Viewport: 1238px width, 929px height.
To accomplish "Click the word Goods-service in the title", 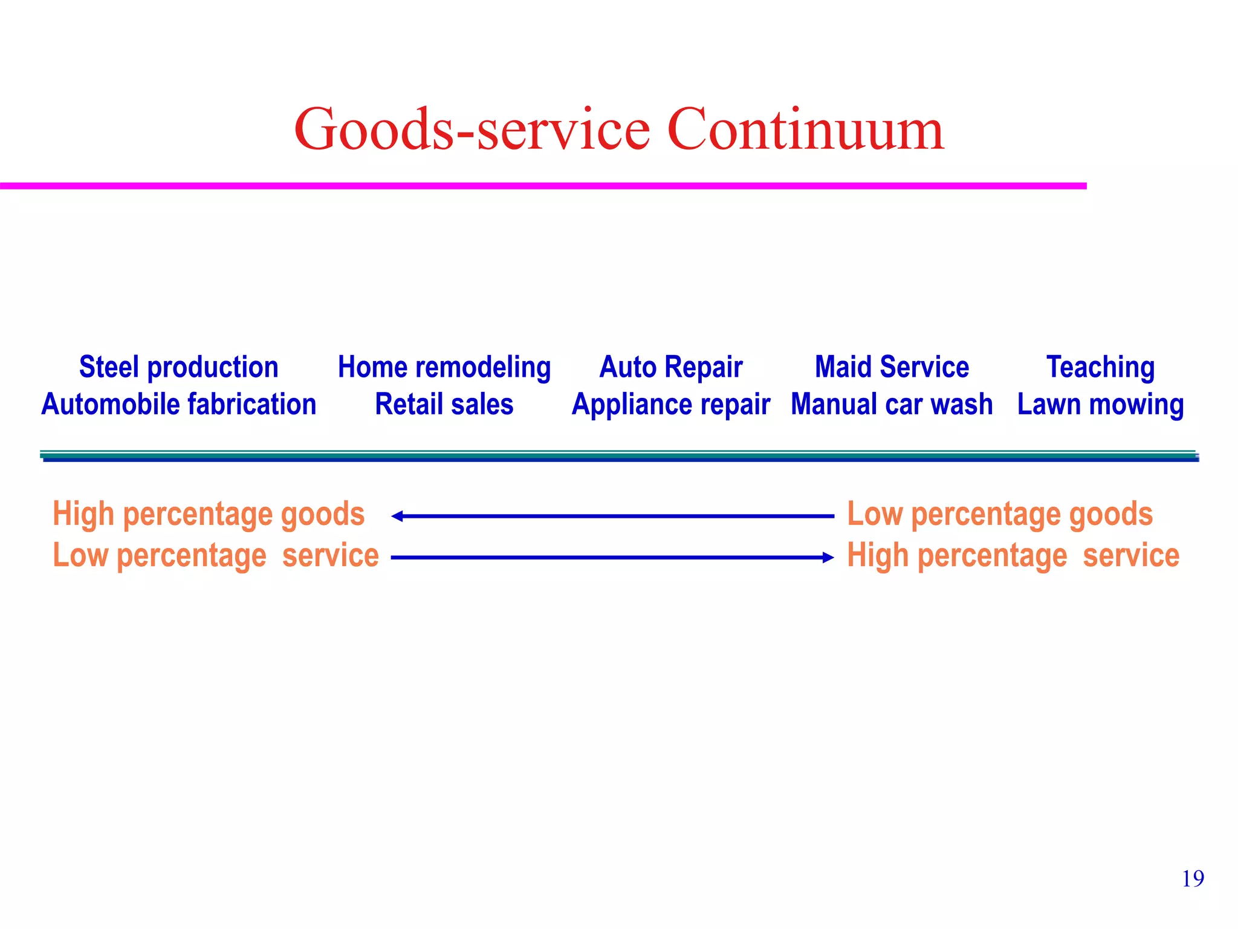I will [472, 130].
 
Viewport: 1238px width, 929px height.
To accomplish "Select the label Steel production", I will [179, 367].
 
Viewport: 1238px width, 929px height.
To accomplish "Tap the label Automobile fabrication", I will [179, 404].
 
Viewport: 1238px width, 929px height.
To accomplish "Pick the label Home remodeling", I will [444, 367].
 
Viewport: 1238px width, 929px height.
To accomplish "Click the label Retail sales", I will [444, 404].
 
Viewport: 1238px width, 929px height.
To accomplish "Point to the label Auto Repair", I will [671, 367].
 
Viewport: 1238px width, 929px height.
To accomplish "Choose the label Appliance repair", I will [671, 404].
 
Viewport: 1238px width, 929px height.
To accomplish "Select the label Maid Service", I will [892, 367].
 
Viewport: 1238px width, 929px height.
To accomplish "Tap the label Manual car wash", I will [892, 404].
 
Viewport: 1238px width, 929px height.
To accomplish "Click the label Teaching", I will [1100, 367].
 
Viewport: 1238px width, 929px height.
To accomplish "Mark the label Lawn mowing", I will [1100, 404].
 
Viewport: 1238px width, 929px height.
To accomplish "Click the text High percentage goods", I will [209, 514].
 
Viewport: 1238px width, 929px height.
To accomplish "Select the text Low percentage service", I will [216, 555].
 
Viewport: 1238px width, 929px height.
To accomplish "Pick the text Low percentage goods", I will [1000, 514].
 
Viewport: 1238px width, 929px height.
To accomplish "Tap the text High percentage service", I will [1013, 555].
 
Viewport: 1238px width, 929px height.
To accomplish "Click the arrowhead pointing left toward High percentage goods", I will [397, 516].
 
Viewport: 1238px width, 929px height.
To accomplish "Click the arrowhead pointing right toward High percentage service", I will [829, 558].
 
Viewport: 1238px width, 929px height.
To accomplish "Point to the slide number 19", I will [1193, 879].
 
